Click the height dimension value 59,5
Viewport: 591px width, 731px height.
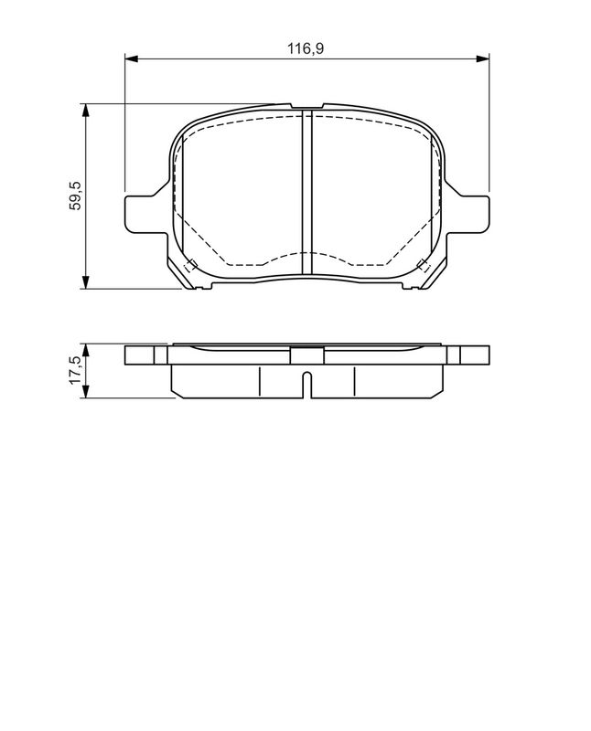pyautogui.click(x=77, y=196)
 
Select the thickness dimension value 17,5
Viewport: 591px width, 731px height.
pyautogui.click(x=77, y=371)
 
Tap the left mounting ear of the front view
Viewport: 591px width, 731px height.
pyautogui.click(x=142, y=213)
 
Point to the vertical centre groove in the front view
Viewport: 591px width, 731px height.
pyautogui.click(x=307, y=192)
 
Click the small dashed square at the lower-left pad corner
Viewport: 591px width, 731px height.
pyautogui.click(x=190, y=266)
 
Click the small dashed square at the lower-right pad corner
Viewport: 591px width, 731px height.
pyautogui.click(x=423, y=266)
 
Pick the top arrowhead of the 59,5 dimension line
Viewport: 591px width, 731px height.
pyautogui.click(x=86, y=110)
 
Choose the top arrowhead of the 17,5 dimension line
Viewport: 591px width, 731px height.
pyautogui.click(x=86, y=349)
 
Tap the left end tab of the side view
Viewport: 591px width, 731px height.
pyautogui.click(x=146, y=355)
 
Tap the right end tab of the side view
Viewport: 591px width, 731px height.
pyautogui.click(x=467, y=355)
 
